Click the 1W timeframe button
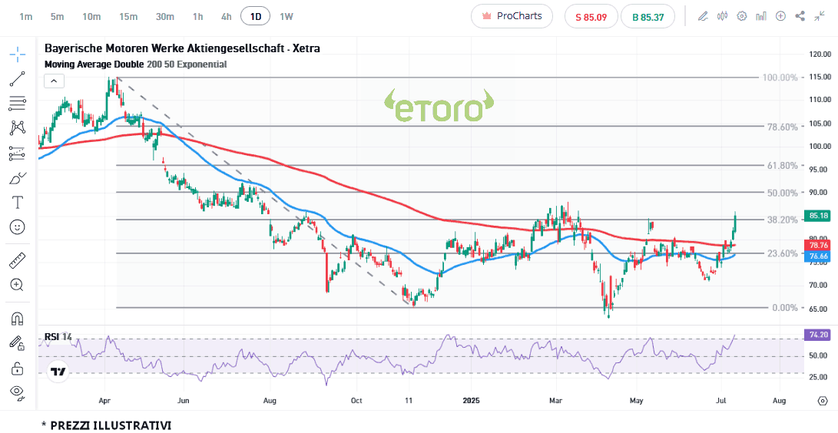pos(286,16)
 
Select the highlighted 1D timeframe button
pos(255,16)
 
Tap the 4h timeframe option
pos(226,16)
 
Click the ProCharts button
pos(512,16)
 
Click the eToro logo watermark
pos(439,107)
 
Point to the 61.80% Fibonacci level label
pos(783,166)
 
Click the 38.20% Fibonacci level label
pos(783,220)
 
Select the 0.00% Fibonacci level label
pos(785,308)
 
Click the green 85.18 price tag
pos(819,216)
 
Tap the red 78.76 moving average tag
pos(819,245)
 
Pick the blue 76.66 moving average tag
pos(819,256)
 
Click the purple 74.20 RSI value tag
pos(819,335)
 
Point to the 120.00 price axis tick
pos(820,54)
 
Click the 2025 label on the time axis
pos(472,400)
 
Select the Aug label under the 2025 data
pos(779,400)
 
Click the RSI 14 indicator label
pos(58,336)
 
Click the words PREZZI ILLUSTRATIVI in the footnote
pos(111,425)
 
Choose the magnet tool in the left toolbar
pos(17,318)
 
